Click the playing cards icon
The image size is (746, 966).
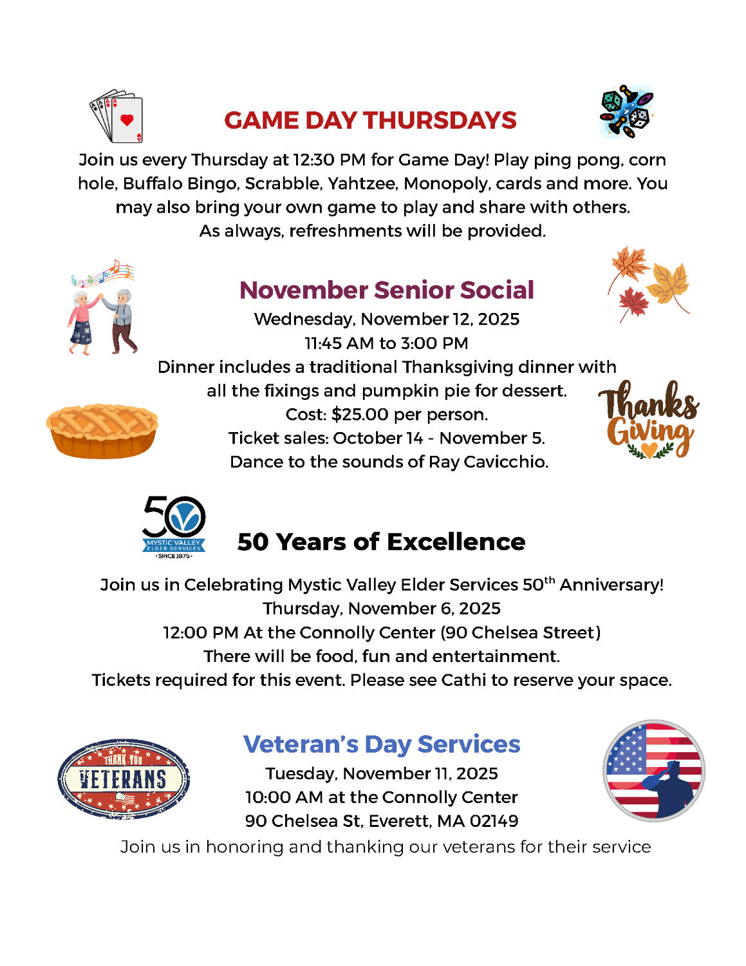pos(117,116)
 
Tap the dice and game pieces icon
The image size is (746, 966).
pos(626,111)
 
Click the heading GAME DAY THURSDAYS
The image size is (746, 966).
pos(370,120)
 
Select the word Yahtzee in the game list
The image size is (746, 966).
pos(362,184)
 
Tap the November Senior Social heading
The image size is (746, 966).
pos(386,290)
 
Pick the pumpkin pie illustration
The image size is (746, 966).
pos(102,430)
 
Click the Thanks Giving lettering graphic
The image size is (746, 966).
pos(649,420)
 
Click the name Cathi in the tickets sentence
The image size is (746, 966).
pos(463,680)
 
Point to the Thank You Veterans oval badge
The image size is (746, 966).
pos(124,779)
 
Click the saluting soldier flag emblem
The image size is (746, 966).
pos(654,771)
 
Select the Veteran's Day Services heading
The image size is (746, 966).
pos(382,744)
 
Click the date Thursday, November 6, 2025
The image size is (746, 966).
pos(382,609)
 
